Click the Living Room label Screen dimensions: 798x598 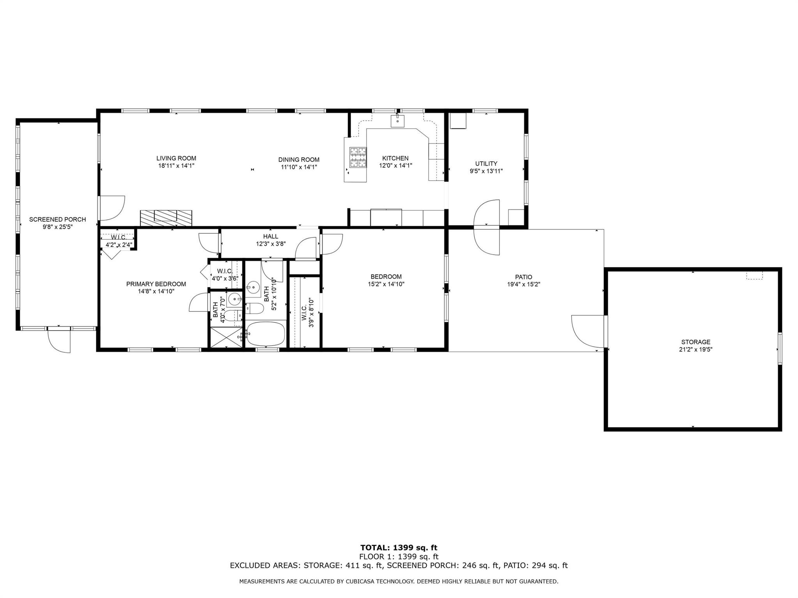[176, 158]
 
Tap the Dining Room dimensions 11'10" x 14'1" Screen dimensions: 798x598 [299, 167]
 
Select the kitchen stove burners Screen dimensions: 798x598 [358, 157]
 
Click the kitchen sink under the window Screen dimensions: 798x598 [398, 121]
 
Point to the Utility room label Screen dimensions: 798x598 [486, 164]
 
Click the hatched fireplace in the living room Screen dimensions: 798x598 [166, 218]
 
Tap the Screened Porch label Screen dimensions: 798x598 [58, 220]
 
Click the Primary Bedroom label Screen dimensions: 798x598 [156, 284]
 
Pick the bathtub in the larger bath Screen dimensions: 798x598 [266, 334]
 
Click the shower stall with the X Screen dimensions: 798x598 [226, 337]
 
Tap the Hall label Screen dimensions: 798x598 [271, 236]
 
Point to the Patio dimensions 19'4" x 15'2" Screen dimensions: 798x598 [523, 284]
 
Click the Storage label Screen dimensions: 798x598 [696, 342]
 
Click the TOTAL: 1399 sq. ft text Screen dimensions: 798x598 [399, 548]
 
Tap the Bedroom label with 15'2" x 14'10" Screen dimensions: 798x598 [386, 277]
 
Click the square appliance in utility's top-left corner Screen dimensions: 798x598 [458, 121]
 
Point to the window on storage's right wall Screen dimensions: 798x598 [780, 348]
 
